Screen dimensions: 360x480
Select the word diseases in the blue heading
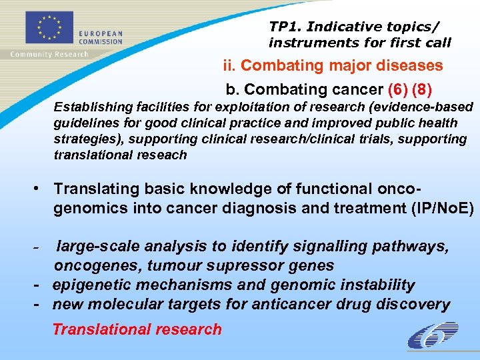tap(411, 65)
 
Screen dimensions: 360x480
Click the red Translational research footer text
tap(137, 329)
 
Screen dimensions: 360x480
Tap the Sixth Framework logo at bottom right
tap(432, 335)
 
